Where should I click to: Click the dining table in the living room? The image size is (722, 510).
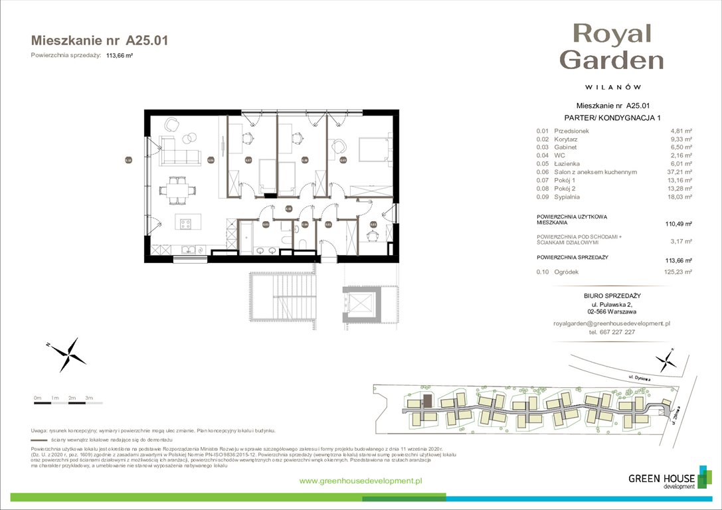tap(177, 189)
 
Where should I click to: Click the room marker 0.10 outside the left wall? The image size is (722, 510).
tap(128, 159)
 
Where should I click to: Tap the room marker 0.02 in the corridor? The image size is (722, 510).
tap(288, 209)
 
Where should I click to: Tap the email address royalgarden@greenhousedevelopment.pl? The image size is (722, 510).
tap(611, 323)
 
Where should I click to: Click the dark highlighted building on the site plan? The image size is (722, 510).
tap(428, 400)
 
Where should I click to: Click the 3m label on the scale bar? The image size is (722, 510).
tap(89, 397)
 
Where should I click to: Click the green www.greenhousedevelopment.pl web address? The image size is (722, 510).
tap(361, 481)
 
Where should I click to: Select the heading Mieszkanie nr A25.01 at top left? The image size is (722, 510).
tap(100, 41)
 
